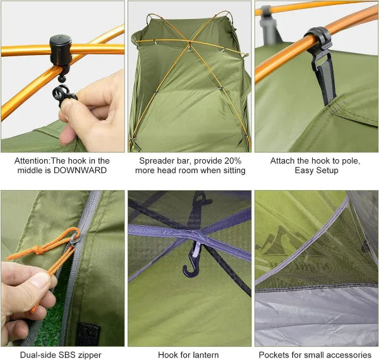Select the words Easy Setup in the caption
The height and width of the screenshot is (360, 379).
click(x=315, y=171)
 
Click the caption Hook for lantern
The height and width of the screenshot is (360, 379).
click(x=189, y=355)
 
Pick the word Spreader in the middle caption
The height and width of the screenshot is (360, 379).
click(x=155, y=160)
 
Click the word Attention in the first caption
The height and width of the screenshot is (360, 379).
click(x=34, y=160)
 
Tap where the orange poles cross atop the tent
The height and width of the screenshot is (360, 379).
click(x=188, y=44)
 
